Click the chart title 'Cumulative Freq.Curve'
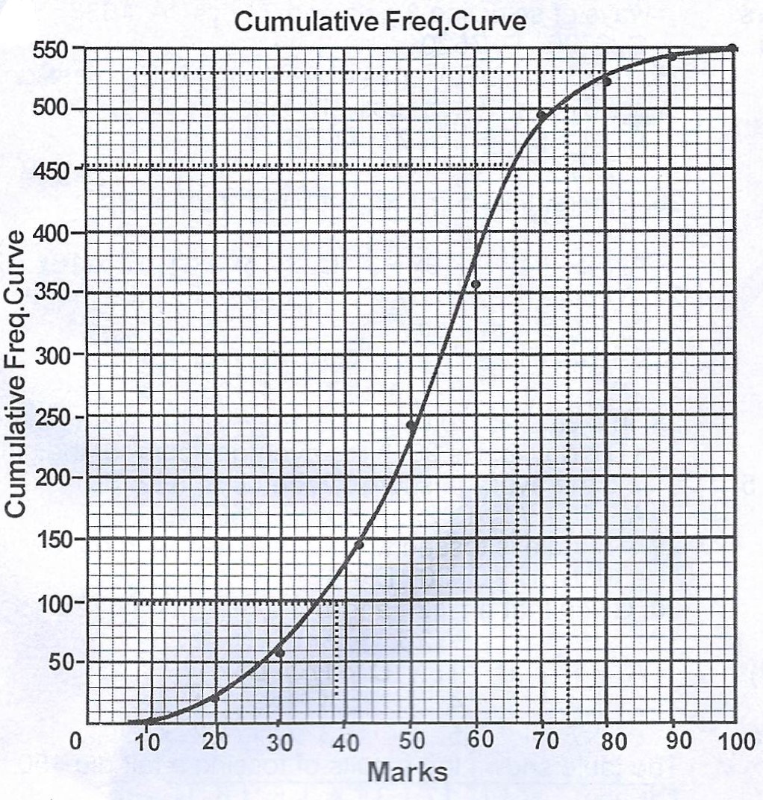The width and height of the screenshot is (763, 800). click(380, 22)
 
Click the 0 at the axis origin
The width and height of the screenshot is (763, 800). click(75, 743)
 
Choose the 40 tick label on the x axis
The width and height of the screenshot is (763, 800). click(345, 743)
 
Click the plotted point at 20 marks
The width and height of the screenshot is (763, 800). click(215, 698)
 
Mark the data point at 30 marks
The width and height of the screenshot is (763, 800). click(280, 653)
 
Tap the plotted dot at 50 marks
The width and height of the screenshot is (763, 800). click(411, 425)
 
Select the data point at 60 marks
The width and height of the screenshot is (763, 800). click(476, 284)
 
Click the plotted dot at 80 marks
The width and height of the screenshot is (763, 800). click(607, 81)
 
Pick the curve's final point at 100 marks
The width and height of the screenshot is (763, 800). click(732, 49)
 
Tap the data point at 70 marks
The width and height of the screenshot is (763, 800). click(541, 115)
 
